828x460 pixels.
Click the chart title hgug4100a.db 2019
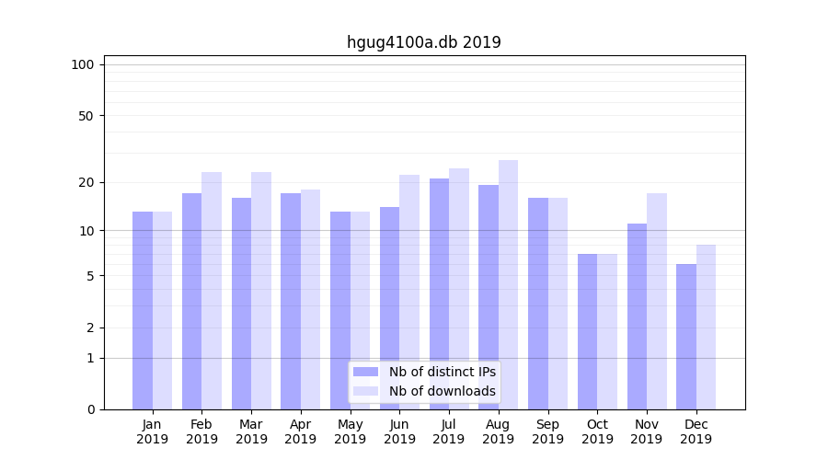tap(423, 42)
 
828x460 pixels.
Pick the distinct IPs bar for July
tap(439, 293)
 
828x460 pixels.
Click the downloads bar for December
tap(706, 327)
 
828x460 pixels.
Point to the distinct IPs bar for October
tap(587, 331)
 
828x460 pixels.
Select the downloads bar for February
tap(212, 291)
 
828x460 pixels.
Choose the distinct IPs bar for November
tap(637, 316)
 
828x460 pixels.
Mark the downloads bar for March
tap(261, 291)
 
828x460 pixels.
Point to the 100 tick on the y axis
tap(83, 64)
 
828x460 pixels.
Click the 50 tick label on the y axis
tap(86, 116)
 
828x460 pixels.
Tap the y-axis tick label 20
tap(86, 182)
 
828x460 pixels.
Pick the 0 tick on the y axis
tap(90, 409)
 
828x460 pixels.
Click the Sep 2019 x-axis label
tap(547, 431)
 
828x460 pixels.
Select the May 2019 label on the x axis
tap(350, 431)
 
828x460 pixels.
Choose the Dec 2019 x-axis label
tap(696, 431)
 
